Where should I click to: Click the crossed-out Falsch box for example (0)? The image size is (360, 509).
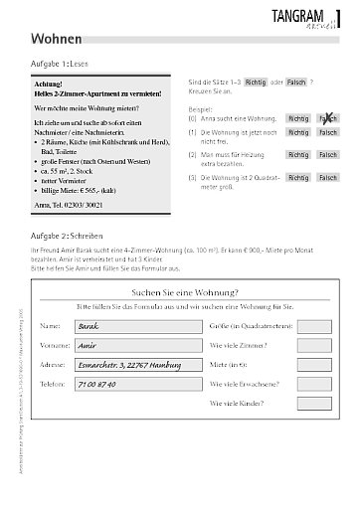click(327, 118)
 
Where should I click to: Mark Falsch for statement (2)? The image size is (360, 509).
click(327, 155)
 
